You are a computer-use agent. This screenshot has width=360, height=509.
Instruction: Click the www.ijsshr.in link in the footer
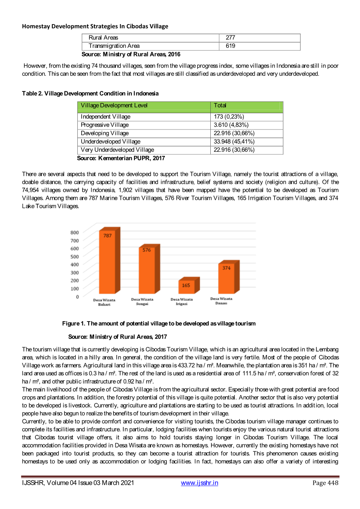click(x=199, y=483)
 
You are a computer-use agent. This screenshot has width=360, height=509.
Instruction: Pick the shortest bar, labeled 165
click(x=186, y=287)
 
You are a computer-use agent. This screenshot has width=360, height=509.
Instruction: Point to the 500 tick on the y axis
click(x=75, y=257)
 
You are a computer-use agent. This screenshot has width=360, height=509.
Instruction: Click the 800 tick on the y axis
click(x=75, y=233)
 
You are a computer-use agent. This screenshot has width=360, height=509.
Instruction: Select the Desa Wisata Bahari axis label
click(x=104, y=302)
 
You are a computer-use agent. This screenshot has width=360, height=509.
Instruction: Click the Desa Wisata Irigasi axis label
click(x=182, y=302)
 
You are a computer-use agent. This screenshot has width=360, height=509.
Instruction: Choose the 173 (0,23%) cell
click(x=229, y=117)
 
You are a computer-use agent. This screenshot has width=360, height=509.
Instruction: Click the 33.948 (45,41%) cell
click(x=234, y=142)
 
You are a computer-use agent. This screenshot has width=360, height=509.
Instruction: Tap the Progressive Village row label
click(x=105, y=125)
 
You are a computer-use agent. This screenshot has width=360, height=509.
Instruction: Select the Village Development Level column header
click(x=114, y=105)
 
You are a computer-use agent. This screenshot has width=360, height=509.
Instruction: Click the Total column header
click(x=220, y=105)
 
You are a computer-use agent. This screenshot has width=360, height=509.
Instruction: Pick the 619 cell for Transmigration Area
click(x=231, y=46)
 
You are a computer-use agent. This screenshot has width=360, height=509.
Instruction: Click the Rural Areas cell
click(x=103, y=38)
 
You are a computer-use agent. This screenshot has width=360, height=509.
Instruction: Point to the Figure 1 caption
click(x=159, y=324)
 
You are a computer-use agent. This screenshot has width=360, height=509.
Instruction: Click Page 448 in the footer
click(x=325, y=483)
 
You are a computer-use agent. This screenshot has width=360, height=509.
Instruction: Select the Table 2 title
click(x=90, y=93)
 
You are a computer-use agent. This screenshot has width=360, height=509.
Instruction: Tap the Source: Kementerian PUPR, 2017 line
click(x=121, y=158)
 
